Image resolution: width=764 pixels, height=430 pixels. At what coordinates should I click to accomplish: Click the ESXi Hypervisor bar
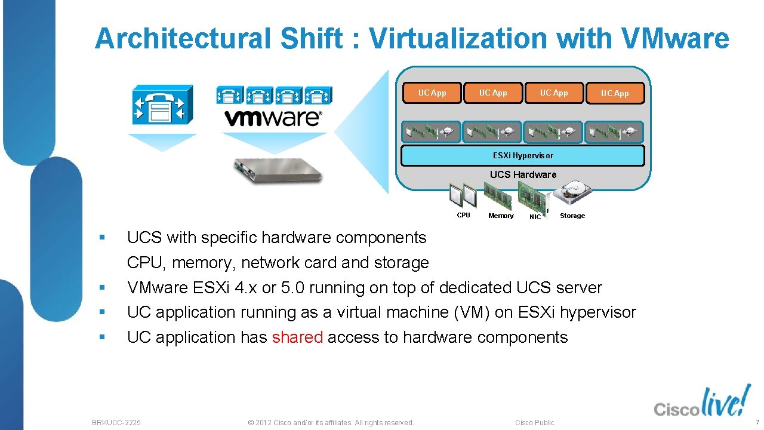(523, 155)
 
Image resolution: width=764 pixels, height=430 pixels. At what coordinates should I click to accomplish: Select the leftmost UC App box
(432, 93)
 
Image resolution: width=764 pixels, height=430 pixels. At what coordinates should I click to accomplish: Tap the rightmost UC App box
(615, 93)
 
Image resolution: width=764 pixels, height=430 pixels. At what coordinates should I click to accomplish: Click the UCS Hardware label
(523, 174)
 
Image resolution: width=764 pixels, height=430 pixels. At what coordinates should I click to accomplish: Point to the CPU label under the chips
(463, 215)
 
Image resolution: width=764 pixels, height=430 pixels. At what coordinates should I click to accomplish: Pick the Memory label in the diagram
(501, 216)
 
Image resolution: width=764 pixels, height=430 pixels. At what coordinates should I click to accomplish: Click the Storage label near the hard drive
(572, 216)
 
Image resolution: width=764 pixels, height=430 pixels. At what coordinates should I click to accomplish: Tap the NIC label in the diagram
(535, 217)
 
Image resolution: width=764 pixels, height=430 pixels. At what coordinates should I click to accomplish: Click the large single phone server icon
(162, 105)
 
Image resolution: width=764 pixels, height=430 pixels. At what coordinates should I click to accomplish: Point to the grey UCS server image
(278, 169)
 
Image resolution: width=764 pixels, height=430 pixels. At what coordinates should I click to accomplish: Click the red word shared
(297, 337)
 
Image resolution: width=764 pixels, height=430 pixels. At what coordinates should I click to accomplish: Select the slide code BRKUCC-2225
(116, 422)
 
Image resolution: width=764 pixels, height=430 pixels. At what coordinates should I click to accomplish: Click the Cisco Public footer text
(535, 422)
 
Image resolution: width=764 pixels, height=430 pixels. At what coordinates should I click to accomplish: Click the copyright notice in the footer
(331, 422)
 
